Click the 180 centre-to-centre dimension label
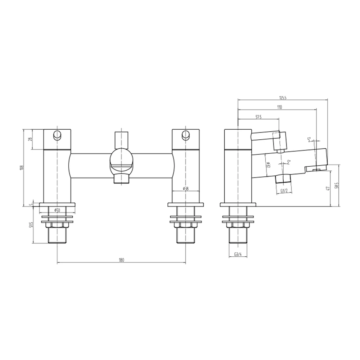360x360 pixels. click(121, 261)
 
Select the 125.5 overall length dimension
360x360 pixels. click(282, 97)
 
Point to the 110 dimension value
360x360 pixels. click(279, 107)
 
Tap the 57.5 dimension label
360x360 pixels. click(258, 117)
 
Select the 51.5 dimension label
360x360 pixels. click(31, 225)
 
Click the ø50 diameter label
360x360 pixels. click(57, 210)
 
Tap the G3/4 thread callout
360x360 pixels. click(237, 255)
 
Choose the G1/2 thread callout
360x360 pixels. click(283, 192)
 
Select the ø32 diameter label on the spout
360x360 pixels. click(269, 165)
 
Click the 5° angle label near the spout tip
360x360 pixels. click(309, 140)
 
